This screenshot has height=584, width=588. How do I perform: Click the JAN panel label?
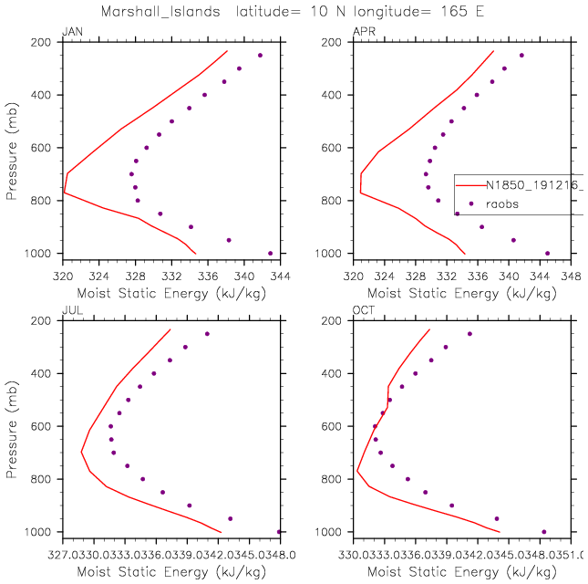(71, 33)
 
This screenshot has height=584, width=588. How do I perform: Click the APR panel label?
(363, 33)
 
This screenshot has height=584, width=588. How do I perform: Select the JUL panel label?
(70, 311)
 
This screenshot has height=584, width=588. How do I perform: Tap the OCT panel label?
(363, 311)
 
